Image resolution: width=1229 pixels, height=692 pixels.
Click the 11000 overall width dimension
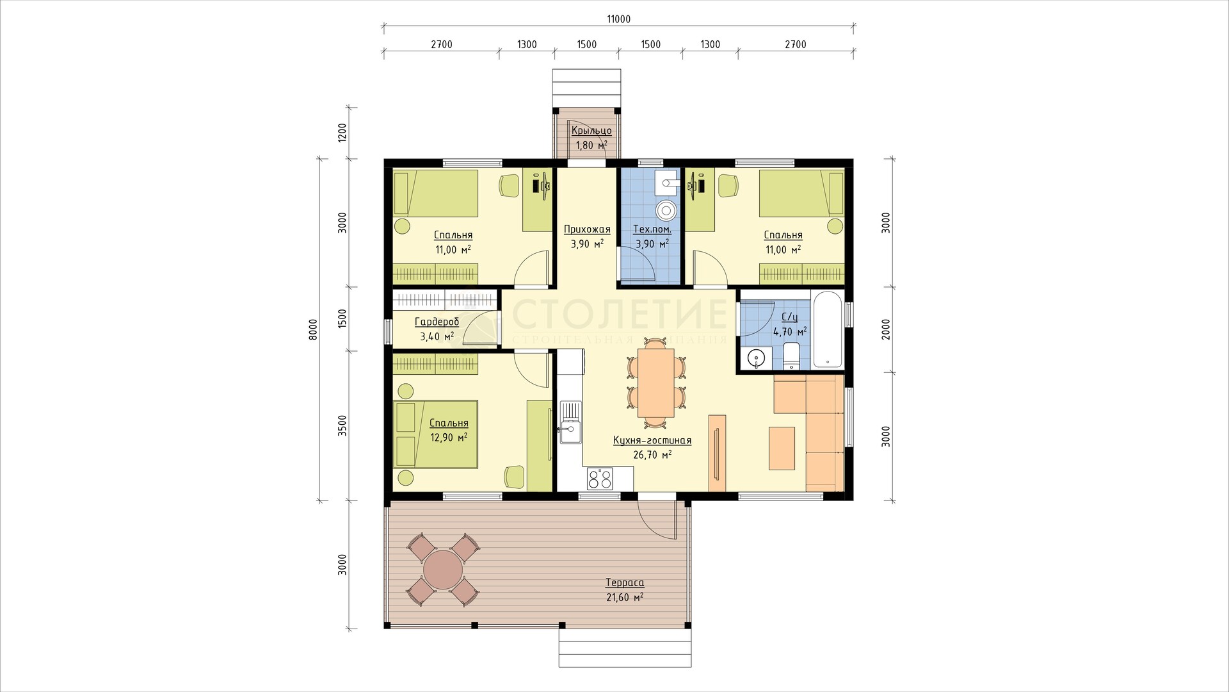point(619,19)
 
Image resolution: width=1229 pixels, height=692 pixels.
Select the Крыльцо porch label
point(591,131)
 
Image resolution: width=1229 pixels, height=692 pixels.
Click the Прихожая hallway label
point(587,229)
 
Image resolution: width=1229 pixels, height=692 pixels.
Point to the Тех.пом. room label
point(652,229)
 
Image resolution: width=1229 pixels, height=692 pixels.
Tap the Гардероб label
point(437,322)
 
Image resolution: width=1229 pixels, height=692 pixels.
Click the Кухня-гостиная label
point(652,441)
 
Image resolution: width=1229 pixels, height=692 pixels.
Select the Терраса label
point(625,583)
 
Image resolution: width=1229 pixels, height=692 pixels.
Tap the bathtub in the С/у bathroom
point(828,329)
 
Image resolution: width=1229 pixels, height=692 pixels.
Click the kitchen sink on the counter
point(569,423)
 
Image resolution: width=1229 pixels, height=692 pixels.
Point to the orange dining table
point(655,383)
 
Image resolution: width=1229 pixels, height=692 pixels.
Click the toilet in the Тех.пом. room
point(667,210)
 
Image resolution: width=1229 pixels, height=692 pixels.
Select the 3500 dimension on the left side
point(342,426)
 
